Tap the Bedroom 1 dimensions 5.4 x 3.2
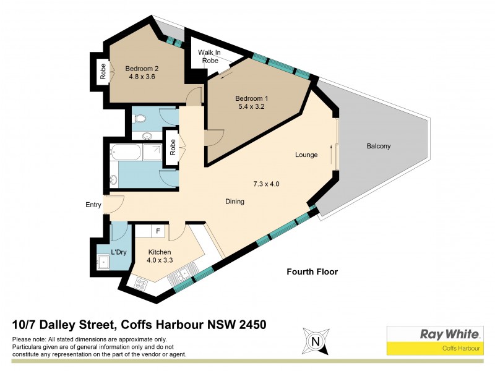pos(251,108)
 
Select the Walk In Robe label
pos(210,57)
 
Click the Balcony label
pos(378,147)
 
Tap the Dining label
pos(235,202)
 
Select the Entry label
pos(93,205)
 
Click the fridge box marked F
pos(158,231)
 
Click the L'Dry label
pos(111,252)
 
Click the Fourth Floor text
pos(312,272)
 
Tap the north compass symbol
pos(316,341)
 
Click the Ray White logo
pos(449,335)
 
